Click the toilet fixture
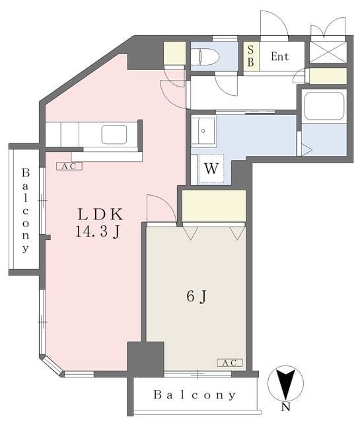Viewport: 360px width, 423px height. coord(205,57)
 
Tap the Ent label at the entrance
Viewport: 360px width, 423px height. coord(279,56)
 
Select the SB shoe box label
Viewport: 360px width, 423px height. coord(250,56)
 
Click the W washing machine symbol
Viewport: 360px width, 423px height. coord(211,169)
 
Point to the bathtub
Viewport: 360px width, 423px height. coord(324,106)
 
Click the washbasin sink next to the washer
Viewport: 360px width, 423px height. coord(203,131)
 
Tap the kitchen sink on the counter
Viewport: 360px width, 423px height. coord(114,134)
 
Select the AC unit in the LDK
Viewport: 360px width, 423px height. coord(69,166)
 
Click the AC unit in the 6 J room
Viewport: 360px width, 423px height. coord(230,363)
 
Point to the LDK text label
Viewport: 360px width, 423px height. coord(100,214)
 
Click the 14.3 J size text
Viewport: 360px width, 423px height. coord(98,231)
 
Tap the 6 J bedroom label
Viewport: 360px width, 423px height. coord(197,297)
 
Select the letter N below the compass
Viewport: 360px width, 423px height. coord(285,407)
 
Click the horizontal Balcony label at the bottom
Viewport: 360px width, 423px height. coord(194,395)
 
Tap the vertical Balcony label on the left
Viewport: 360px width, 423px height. coord(26,210)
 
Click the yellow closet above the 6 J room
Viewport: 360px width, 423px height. coord(214,206)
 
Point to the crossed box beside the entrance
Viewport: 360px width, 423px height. coord(328,52)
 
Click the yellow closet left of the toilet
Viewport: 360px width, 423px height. coord(174,53)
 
